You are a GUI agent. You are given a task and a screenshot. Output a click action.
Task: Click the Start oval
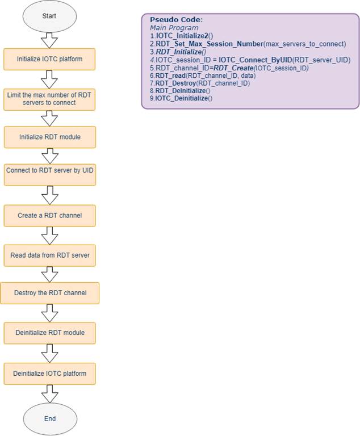49,16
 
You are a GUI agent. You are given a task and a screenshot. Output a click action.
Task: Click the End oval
50,419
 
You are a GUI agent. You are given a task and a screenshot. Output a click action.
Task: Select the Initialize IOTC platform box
49,59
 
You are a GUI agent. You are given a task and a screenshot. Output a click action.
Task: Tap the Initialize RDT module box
50,137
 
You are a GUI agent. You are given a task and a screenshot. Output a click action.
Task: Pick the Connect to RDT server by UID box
50,175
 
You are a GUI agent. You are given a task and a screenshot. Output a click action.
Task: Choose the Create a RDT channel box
50,216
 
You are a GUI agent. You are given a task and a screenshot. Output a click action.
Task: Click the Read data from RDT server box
50,255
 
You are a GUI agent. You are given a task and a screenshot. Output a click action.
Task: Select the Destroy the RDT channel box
50,293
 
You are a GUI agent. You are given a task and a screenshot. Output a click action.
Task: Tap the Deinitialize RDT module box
50,333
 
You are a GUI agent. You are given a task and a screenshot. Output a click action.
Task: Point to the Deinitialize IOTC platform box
50,374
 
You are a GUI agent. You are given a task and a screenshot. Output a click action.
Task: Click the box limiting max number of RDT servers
49,99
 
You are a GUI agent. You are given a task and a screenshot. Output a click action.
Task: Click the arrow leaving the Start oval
49,41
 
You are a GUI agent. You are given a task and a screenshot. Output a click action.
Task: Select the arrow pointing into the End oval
50,394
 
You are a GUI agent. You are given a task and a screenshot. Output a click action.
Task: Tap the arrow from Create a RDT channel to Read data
50,236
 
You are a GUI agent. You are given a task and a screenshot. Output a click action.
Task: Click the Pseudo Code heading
177,20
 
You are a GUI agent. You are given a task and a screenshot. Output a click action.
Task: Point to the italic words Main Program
174,28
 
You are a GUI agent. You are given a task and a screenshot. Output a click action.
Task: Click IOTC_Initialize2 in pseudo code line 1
182,36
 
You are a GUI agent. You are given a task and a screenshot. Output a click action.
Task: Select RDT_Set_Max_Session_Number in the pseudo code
209,44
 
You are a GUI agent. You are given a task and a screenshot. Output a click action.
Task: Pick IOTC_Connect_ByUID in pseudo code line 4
256,60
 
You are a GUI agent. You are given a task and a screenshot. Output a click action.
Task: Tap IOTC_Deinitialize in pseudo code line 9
181,98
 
